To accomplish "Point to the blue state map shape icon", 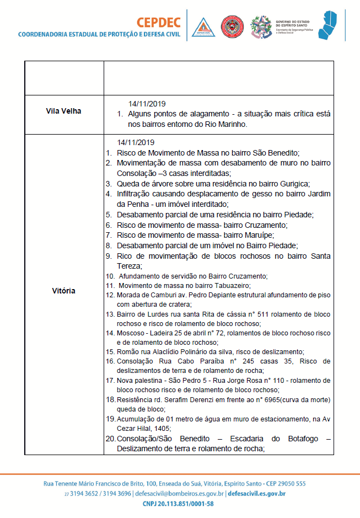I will point(335,25).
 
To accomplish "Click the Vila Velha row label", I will point(63,111).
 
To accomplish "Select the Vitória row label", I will point(64,291).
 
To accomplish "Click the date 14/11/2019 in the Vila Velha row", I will point(147,103).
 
